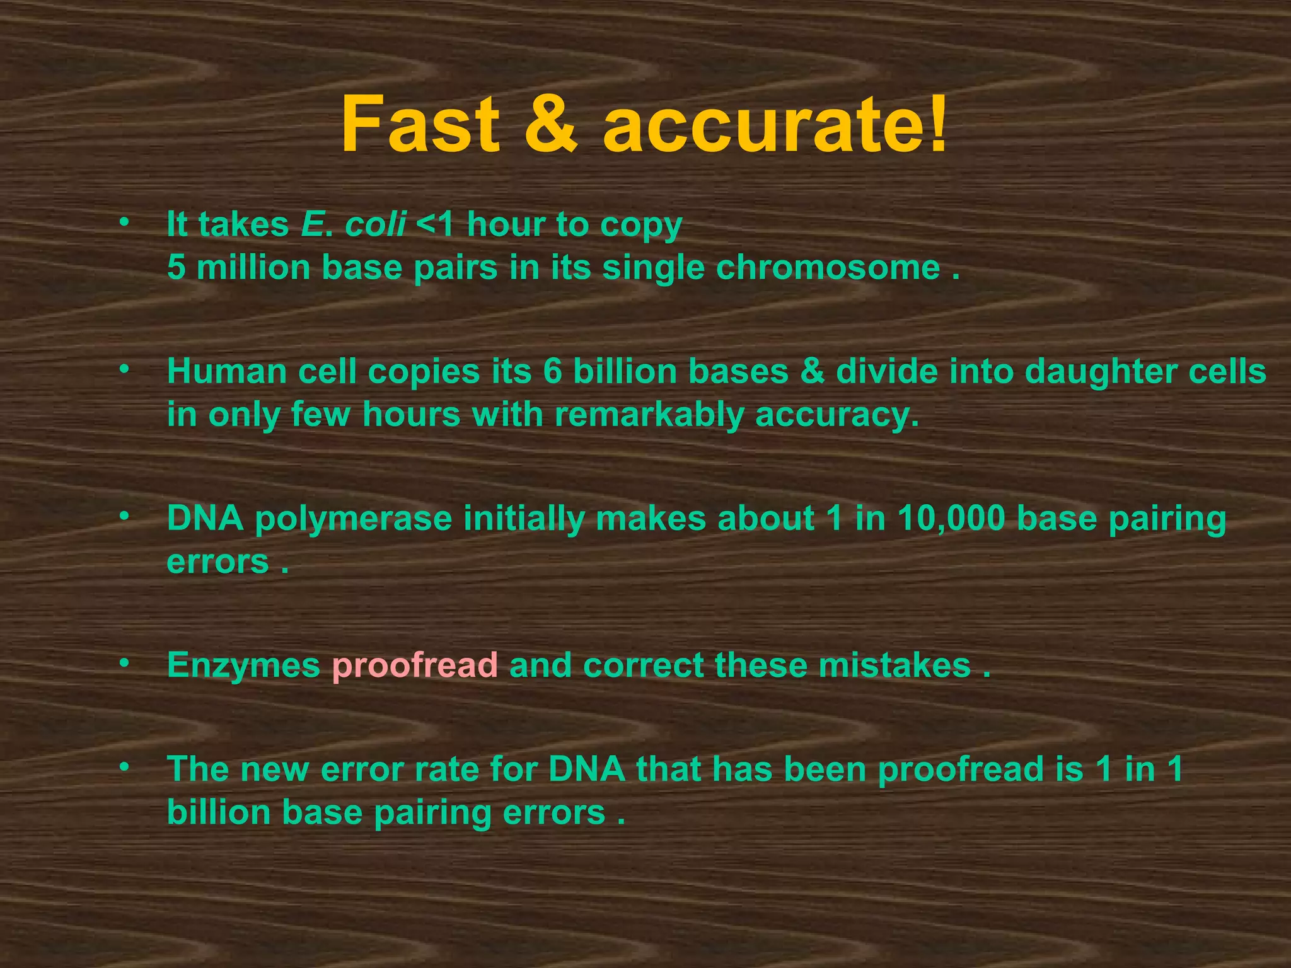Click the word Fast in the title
click(x=420, y=124)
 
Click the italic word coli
click(x=375, y=224)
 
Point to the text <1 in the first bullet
click(x=436, y=224)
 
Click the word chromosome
click(x=828, y=268)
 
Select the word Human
click(x=227, y=372)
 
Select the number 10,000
click(x=951, y=519)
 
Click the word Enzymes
click(x=243, y=665)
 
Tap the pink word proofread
click(x=415, y=665)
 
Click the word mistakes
click(x=894, y=665)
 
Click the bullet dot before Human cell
click(x=125, y=367)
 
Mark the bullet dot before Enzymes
click(x=125, y=662)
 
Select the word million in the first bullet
click(x=253, y=268)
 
